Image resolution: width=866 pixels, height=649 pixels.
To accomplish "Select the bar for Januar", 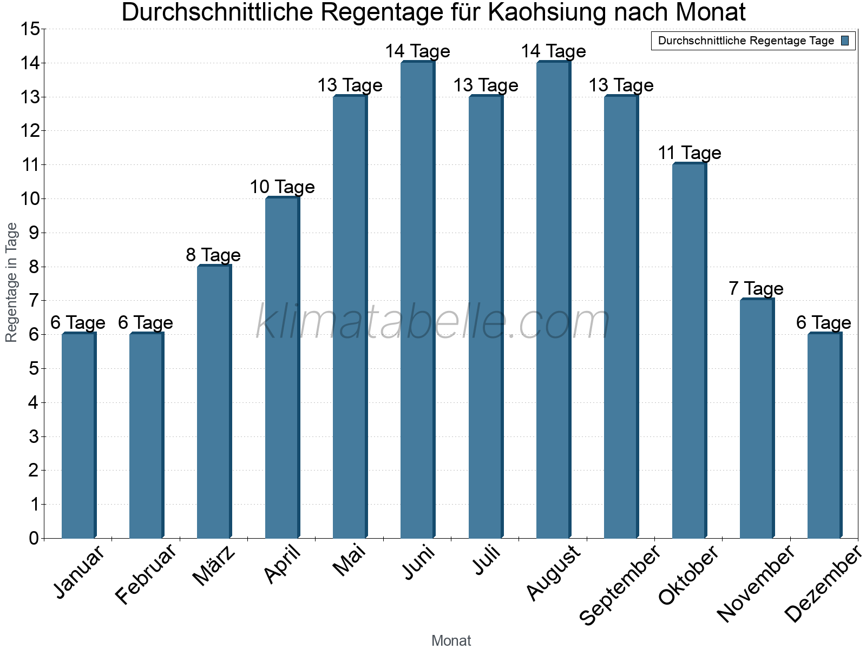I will [78, 435].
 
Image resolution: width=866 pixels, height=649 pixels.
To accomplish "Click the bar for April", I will [282, 368].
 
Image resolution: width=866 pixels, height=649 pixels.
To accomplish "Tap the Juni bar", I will [417, 300].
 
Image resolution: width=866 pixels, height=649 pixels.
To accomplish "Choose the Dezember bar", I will [824, 435].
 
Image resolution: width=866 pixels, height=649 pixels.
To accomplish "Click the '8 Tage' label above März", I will [213, 255].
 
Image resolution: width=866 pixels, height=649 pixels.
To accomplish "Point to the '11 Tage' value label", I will [689, 153].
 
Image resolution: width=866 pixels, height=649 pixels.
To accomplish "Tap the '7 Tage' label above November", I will [756, 289].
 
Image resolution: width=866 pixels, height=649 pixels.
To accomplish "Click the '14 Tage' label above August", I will [553, 51].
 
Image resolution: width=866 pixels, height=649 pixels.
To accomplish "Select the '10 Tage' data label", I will [282, 187].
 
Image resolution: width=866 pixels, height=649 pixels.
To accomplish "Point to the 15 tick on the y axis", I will [30, 29].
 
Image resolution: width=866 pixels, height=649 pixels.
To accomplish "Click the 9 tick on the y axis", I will [34, 233].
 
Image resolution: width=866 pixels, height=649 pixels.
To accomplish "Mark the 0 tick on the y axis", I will [34, 538].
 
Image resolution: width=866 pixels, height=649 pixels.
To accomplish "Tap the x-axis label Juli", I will [487, 560].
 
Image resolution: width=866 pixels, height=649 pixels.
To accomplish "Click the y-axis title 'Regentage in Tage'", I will [12, 282].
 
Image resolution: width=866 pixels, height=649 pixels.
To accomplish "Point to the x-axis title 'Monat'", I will [451, 640].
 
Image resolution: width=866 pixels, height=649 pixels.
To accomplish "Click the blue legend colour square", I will [845, 41].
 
